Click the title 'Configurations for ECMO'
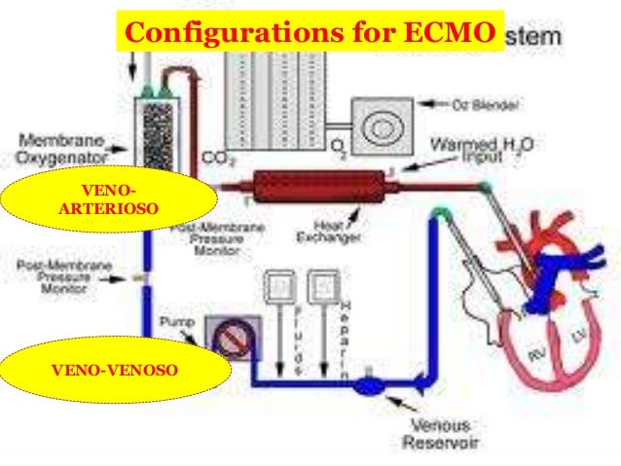pos(310,32)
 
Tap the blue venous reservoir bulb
pos(371,386)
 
